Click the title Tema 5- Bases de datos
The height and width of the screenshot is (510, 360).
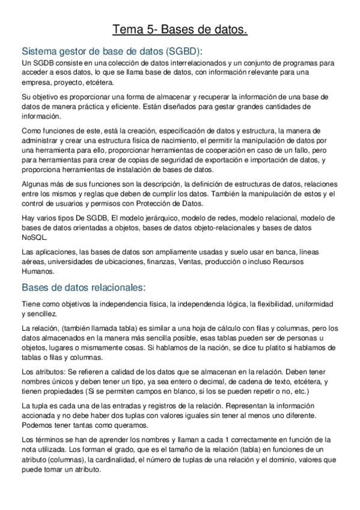pos(180,29)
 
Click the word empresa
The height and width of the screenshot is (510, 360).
pos(35,82)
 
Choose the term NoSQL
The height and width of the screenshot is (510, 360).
pos(34,238)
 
